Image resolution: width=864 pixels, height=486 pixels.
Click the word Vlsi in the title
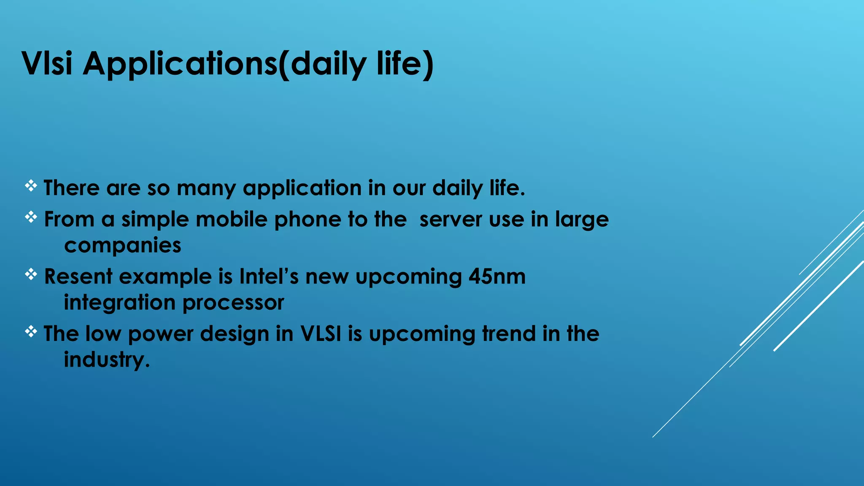tap(47, 63)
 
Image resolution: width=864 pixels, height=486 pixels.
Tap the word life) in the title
tap(405, 64)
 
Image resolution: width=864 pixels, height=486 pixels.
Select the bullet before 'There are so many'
tap(31, 186)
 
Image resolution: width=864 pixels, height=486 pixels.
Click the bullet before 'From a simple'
tap(31, 217)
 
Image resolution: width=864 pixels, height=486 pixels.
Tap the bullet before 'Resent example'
tap(31, 275)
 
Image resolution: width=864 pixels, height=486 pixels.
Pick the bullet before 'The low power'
tap(31, 332)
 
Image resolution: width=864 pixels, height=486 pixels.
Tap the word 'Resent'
tap(78, 277)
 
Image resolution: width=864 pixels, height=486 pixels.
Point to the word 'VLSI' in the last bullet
tap(321, 334)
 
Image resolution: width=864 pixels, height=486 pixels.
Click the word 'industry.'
tap(107, 360)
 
